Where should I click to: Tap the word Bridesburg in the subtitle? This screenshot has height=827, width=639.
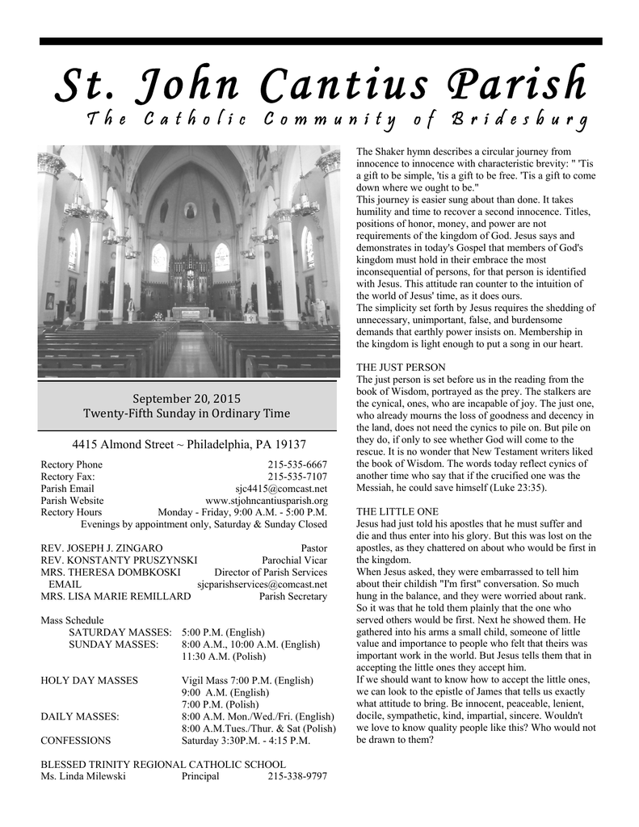pos(520,121)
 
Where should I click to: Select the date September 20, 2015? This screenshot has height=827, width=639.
pos(187,398)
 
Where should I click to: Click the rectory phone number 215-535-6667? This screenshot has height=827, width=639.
pos(297,464)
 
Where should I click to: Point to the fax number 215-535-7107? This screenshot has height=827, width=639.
pos(297,476)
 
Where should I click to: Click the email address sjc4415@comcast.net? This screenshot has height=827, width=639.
pos(281,489)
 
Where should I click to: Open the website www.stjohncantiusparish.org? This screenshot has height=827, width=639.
pos(267,501)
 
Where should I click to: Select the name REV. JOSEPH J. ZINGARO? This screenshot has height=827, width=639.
pos(102,548)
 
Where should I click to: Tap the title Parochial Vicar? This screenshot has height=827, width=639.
pos(295,560)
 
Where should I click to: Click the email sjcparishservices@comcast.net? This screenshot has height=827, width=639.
pos(263,584)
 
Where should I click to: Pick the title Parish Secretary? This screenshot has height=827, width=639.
pos(293,596)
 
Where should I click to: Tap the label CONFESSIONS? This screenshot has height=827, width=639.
pos(76,740)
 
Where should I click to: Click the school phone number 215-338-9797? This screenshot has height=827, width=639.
pos(297,776)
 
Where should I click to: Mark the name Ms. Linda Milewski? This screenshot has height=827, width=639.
pos(83,776)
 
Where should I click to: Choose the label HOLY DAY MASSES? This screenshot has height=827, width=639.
pos(89,680)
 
